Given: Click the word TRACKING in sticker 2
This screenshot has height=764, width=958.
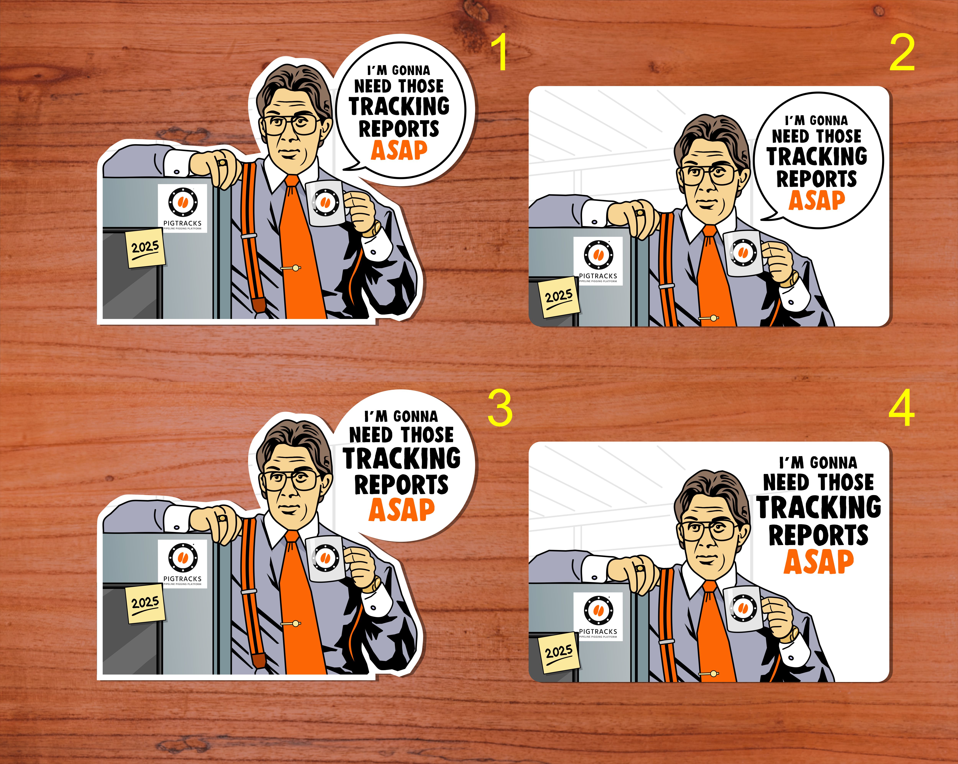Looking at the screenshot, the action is point(817,156).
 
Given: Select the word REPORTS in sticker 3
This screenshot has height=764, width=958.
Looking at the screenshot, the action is point(401,484).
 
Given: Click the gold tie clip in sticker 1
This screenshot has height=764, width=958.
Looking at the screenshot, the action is point(291,268).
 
